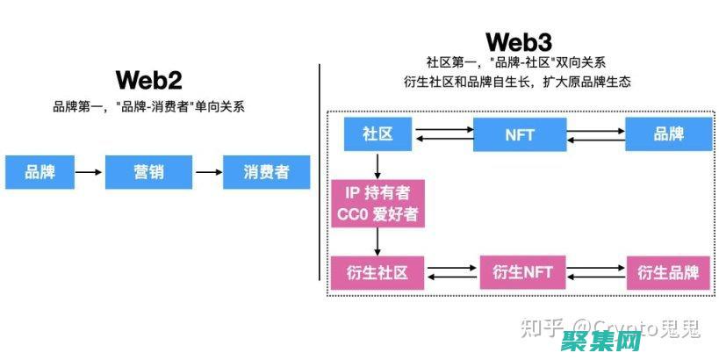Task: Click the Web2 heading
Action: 148,81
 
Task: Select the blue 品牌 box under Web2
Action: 40,172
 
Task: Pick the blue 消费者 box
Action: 267,172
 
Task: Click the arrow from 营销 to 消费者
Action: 208,172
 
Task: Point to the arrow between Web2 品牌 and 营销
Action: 89,172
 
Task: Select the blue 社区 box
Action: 377,134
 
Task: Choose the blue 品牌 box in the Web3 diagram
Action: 668,134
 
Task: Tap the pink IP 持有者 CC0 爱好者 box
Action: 377,204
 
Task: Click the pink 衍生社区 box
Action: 377,272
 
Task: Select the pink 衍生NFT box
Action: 522,272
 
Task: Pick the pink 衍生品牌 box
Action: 668,272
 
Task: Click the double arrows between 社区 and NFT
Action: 443,134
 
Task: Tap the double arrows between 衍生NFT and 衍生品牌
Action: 597,272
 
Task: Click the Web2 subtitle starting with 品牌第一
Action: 148,108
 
